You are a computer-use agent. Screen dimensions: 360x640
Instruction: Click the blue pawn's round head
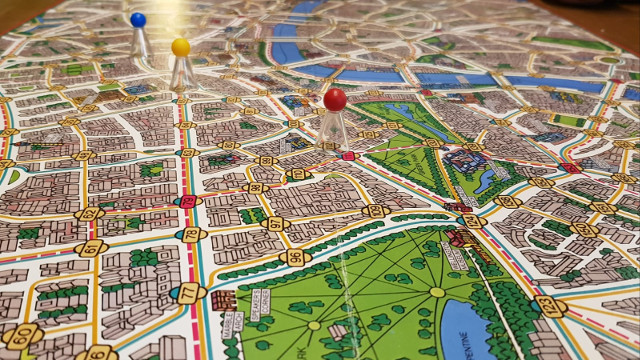click(138, 19)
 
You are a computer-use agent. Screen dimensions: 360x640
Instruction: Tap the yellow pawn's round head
click(180, 47)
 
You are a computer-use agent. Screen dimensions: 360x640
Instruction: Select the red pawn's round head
click(335, 98)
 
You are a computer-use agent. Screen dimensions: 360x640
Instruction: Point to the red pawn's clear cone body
click(333, 129)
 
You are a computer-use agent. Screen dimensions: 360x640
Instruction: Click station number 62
click(88, 213)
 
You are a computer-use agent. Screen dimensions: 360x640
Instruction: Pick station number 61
click(92, 247)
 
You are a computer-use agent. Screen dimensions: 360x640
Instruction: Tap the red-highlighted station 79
click(187, 202)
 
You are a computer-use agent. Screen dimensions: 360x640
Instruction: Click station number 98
click(256, 187)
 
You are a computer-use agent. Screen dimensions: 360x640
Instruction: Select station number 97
click(276, 224)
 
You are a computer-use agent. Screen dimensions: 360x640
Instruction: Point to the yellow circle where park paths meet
click(437, 292)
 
